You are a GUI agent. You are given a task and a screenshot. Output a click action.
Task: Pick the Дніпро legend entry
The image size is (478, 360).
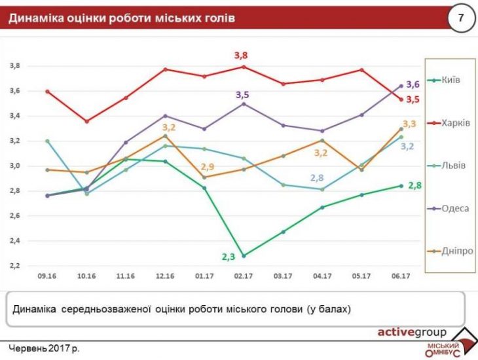click(x=454, y=250)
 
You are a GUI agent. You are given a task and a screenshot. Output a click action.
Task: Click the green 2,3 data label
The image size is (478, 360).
click(x=228, y=257)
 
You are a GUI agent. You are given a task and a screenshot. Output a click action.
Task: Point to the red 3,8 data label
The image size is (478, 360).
click(x=242, y=56)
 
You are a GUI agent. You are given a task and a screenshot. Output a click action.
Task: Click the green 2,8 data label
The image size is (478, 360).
click(x=414, y=186)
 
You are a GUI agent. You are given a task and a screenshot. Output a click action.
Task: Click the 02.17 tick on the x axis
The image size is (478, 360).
click(x=244, y=277)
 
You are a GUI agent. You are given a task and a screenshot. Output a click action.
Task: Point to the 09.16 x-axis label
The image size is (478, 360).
click(x=47, y=277)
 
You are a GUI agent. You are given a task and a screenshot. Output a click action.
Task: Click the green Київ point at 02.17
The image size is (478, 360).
click(x=244, y=256)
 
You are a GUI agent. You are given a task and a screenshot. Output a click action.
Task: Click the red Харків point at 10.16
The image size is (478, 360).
click(x=86, y=121)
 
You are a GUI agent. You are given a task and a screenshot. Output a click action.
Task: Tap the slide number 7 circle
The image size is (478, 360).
click(x=460, y=18)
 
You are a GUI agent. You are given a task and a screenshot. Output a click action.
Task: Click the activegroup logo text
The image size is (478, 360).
click(x=412, y=331)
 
